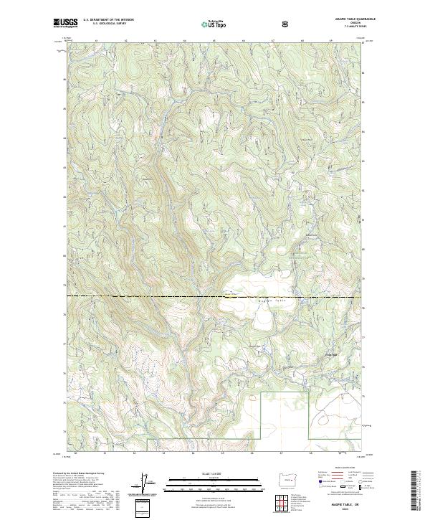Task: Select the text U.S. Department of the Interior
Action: pos(107,21)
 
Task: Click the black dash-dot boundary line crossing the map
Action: pos(143,296)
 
